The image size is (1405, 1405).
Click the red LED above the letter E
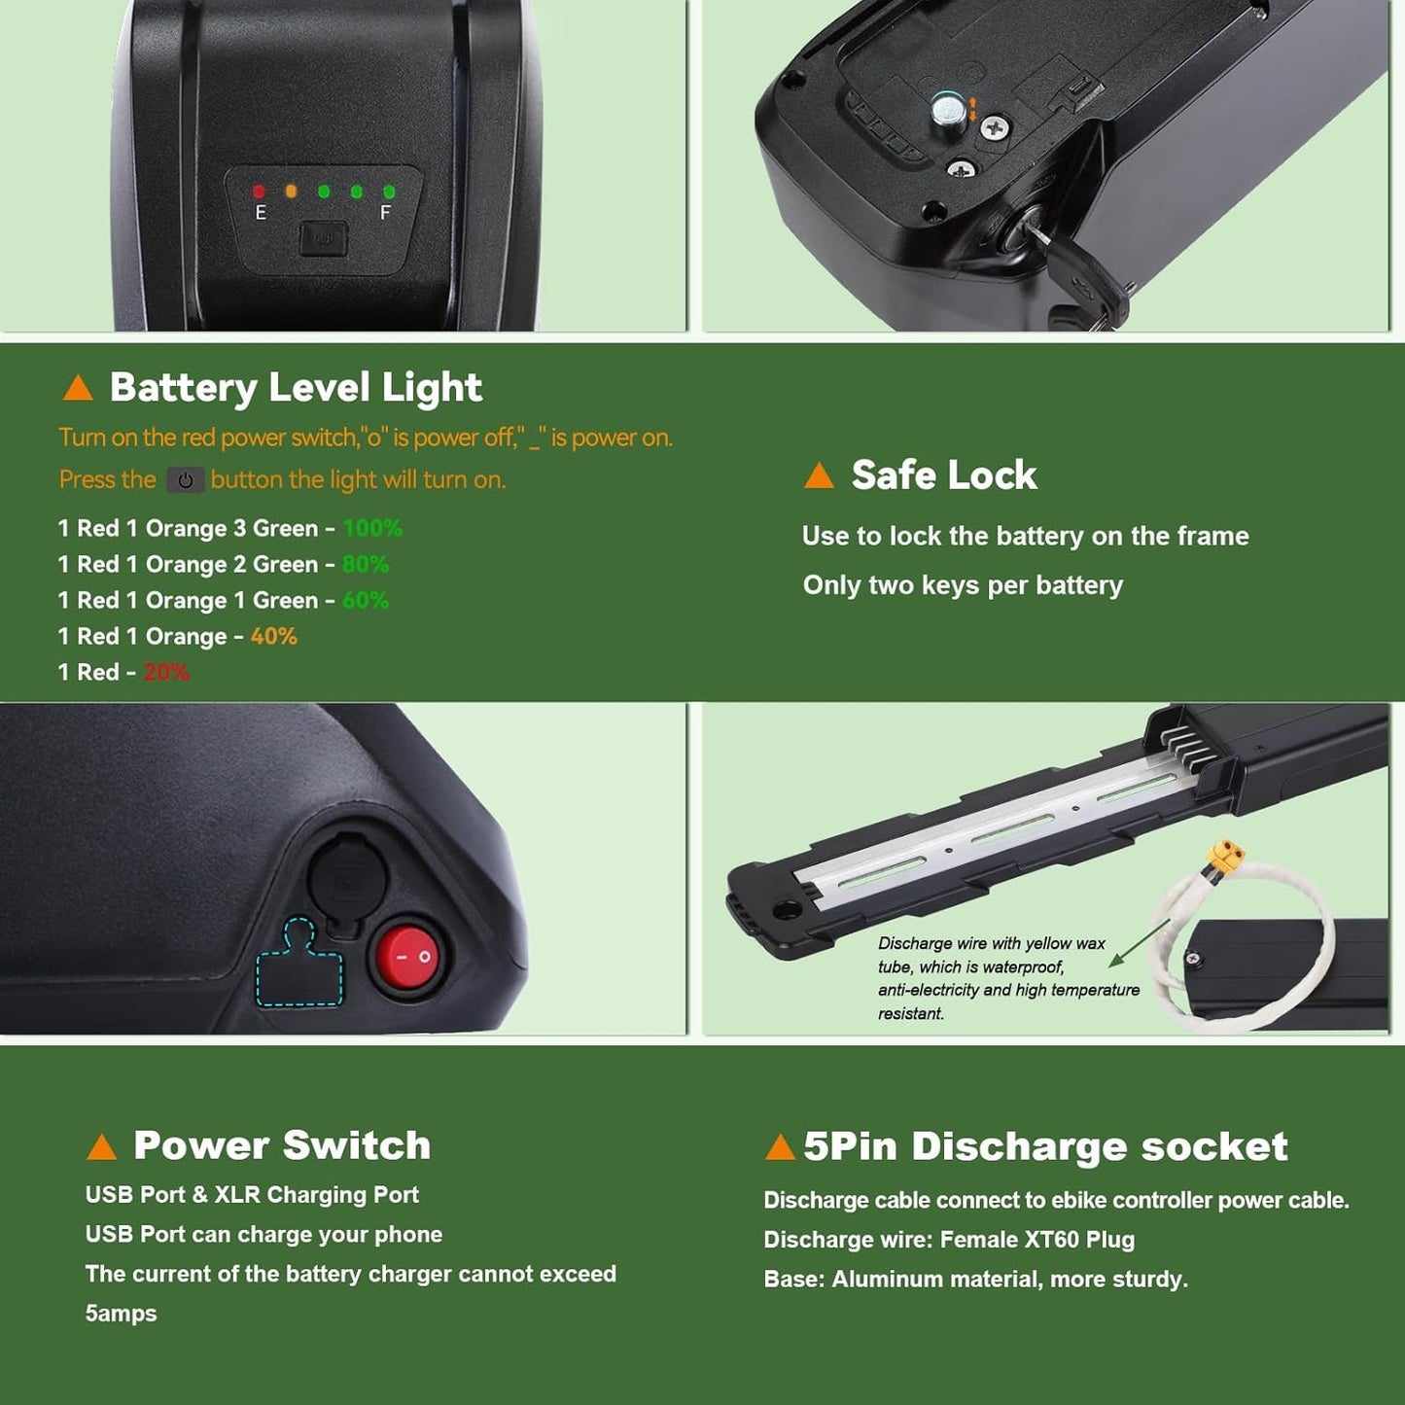tap(259, 192)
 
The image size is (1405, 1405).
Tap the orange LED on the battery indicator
tap(291, 192)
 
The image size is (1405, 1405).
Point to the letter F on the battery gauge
tap(386, 212)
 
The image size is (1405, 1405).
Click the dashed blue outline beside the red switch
tap(299, 963)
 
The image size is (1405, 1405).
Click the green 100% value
tap(371, 528)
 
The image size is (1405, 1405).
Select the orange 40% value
tap(273, 636)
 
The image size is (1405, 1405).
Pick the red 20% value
tap(166, 672)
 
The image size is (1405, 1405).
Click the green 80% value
tap(366, 564)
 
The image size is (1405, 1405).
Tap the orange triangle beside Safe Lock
tap(819, 475)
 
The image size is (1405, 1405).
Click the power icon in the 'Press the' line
tap(185, 480)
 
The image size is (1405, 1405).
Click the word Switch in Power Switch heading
tap(356, 1144)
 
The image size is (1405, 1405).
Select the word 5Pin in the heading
tap(850, 1146)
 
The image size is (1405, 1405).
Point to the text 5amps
tap(121, 1314)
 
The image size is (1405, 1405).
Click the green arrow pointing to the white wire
tap(1139, 943)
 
